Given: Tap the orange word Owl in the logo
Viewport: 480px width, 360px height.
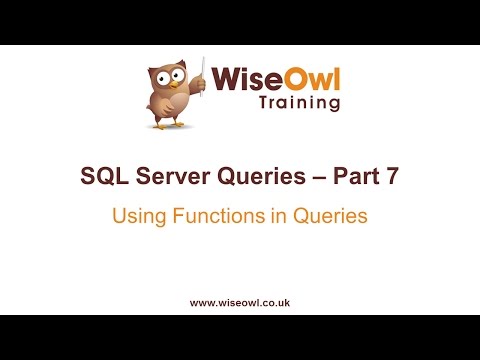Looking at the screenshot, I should [x=306, y=78].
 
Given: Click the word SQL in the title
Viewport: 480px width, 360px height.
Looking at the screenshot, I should [x=101, y=178].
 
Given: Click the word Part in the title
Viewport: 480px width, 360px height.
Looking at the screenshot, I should [x=348, y=178].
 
